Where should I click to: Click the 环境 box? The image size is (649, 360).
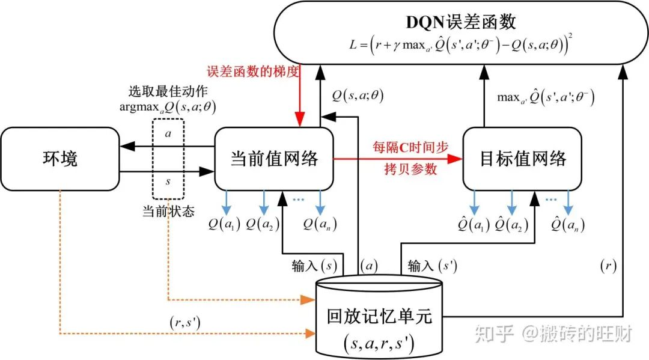click(59, 159)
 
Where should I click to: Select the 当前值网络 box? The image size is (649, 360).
click(273, 159)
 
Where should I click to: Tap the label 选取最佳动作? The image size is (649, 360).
click(159, 92)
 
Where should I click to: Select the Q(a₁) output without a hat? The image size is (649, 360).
click(224, 225)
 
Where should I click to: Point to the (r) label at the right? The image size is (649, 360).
click(608, 265)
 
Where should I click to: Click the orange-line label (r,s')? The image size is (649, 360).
click(185, 323)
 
